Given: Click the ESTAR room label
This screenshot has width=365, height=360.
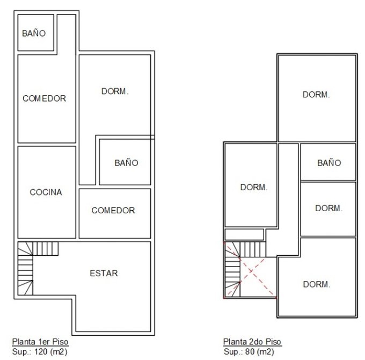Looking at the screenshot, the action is point(104,273).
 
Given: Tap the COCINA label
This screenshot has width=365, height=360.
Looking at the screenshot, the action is point(46,192).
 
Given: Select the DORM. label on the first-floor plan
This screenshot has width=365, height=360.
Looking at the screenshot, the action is point(115,91).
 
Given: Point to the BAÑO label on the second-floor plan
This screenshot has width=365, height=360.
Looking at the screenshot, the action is point(329,162).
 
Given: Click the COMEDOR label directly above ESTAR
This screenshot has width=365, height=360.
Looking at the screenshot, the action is point(113,211).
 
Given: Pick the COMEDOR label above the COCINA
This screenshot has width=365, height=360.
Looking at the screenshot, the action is point(44,98).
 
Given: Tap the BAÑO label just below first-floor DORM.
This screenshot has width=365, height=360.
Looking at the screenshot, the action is point(126,162).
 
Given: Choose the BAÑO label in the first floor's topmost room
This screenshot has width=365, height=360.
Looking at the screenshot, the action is point(34,33).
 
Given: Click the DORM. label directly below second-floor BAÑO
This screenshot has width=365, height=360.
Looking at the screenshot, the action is point(328,208).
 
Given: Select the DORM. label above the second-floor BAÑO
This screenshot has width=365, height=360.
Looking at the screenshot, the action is point(316,95).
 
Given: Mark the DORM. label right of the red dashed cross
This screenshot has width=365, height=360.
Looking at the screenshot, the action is point(317,284).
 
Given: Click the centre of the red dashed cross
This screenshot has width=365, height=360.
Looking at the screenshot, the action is point(251,271).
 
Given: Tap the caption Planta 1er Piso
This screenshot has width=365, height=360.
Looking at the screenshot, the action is point(40,342).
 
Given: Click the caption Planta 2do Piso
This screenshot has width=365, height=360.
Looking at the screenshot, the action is point(252,342).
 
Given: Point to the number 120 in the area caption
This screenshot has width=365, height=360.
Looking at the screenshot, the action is point(41,351).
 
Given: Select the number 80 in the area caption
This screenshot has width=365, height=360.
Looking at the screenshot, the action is point(250,351).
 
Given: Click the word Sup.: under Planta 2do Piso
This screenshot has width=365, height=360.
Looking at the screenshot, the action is point(233,351).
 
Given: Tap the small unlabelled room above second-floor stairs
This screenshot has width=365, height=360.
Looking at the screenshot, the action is point(244,235).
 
